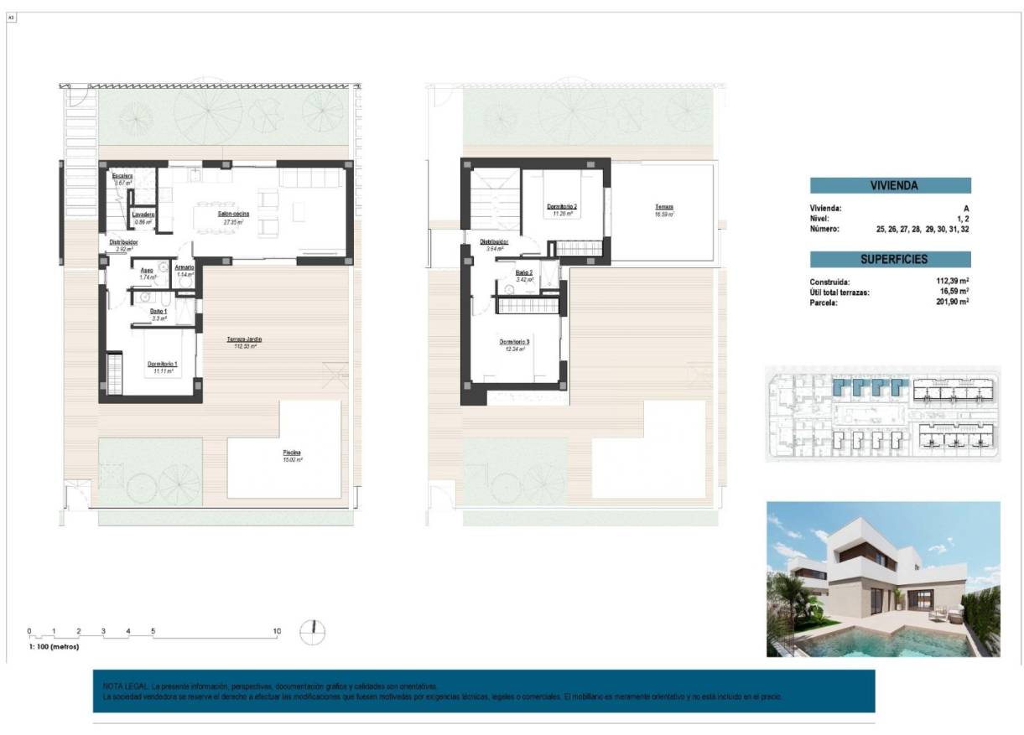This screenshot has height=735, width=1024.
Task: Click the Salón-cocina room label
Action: pyautogui.click(x=230, y=214)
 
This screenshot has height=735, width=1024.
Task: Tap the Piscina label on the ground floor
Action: pyautogui.click(x=292, y=453)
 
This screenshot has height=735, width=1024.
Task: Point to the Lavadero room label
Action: pyautogui.click(x=143, y=215)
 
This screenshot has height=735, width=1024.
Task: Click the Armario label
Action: pyautogui.click(x=184, y=267)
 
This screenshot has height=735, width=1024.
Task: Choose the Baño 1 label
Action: pyautogui.click(x=159, y=311)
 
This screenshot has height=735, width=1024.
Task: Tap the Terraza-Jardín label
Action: pyautogui.click(x=244, y=339)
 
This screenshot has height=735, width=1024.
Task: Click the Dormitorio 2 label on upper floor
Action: pyautogui.click(x=562, y=206)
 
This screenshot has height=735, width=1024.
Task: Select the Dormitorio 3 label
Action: pyautogui.click(x=514, y=342)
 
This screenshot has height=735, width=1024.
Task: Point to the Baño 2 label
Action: pyautogui.click(x=525, y=272)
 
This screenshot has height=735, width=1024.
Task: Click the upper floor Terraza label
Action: pyautogui.click(x=664, y=207)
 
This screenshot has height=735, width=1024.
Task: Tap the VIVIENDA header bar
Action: pyautogui.click(x=890, y=186)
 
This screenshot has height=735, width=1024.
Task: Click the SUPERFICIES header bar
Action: pyautogui.click(x=890, y=260)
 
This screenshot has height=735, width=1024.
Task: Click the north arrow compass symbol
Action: pyautogui.click(x=313, y=632)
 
